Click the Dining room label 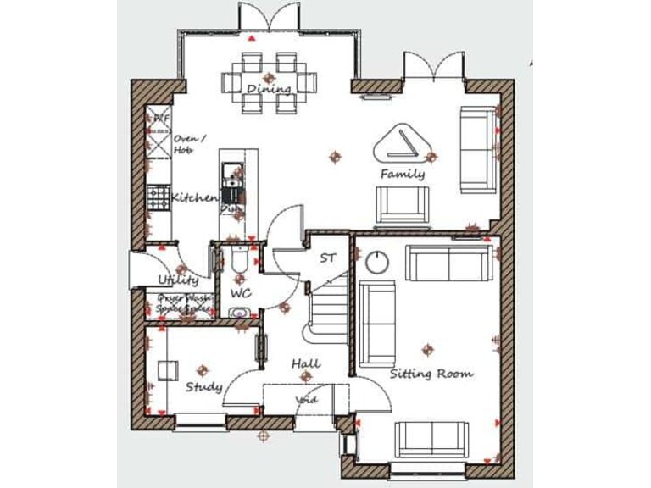[x=269, y=89]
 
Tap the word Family [x=403, y=174]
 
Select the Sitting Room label [x=431, y=374]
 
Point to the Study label [x=203, y=387]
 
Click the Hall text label [x=306, y=364]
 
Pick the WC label [x=241, y=293]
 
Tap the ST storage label [x=327, y=258]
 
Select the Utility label [x=177, y=280]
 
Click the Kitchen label [x=195, y=198]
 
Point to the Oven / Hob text [x=186, y=143]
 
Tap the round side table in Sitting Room [x=376, y=263]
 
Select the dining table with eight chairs [x=269, y=82]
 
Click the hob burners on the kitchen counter [x=159, y=197]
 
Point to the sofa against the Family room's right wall [x=477, y=149]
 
